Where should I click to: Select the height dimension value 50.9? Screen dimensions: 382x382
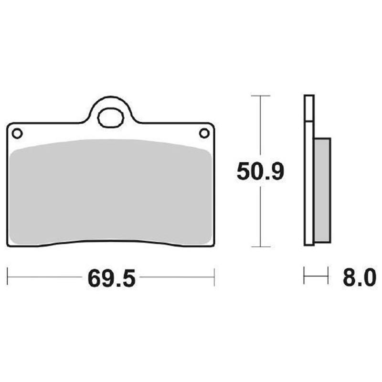(x=260, y=171)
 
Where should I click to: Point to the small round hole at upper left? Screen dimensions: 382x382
(x=17, y=133)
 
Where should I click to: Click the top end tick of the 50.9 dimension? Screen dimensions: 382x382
(x=260, y=96)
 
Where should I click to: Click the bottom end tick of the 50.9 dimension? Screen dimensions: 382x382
(x=260, y=247)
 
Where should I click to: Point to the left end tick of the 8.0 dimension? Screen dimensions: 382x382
(x=305, y=276)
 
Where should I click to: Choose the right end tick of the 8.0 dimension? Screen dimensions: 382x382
(x=329, y=276)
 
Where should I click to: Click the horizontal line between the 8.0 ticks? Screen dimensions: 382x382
(x=317, y=276)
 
